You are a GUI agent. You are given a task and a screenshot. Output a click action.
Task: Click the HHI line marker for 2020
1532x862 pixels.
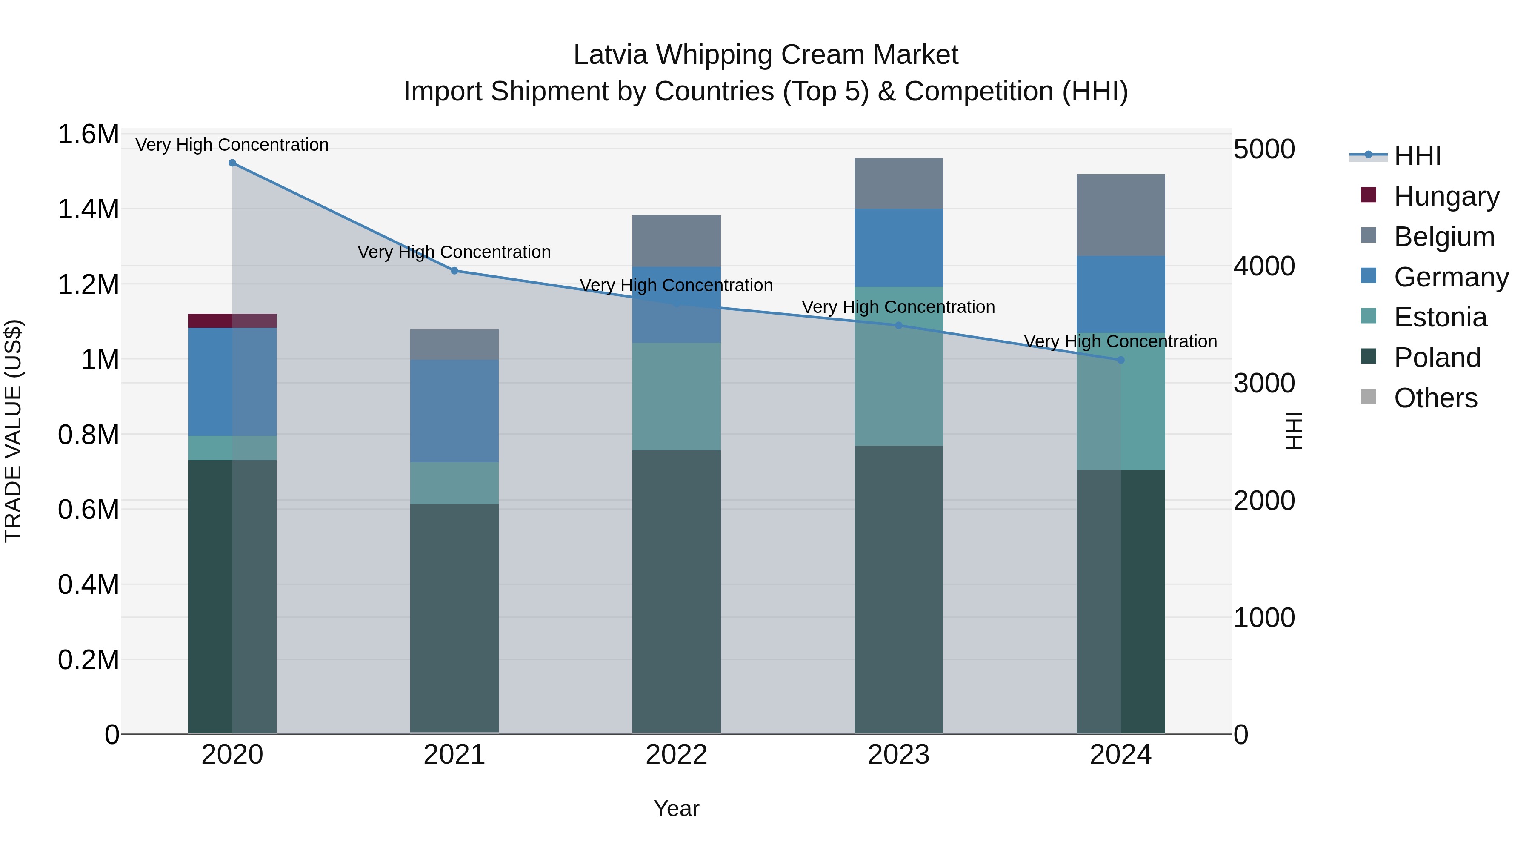coord(232,163)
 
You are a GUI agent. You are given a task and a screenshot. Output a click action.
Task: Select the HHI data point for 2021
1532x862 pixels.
coord(454,271)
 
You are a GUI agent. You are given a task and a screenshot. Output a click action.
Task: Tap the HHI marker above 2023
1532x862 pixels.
coord(899,325)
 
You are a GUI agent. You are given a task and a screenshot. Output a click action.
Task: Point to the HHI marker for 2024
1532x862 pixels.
coord(1120,360)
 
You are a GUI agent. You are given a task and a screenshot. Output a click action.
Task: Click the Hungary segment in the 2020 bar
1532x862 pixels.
coord(232,321)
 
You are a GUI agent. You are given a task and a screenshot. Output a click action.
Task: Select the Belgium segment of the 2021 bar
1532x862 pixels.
coord(454,344)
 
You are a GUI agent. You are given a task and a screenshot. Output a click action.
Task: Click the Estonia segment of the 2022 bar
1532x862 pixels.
coord(676,396)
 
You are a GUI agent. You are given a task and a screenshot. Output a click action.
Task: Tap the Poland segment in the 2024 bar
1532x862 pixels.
coord(1120,601)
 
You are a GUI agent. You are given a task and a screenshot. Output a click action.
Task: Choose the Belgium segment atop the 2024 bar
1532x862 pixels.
coord(1120,215)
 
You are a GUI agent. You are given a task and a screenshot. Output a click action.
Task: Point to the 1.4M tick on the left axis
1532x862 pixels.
coord(88,209)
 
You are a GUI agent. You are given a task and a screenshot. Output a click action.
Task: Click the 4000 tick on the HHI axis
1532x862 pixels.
coord(1264,266)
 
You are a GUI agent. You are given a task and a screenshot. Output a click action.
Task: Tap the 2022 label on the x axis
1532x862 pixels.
coord(676,755)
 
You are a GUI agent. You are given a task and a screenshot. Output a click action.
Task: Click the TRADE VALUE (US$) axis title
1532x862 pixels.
coord(13,431)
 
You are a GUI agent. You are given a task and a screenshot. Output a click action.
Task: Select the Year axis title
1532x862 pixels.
coord(676,808)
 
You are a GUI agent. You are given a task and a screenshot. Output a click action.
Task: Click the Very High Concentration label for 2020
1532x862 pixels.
coord(232,145)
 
